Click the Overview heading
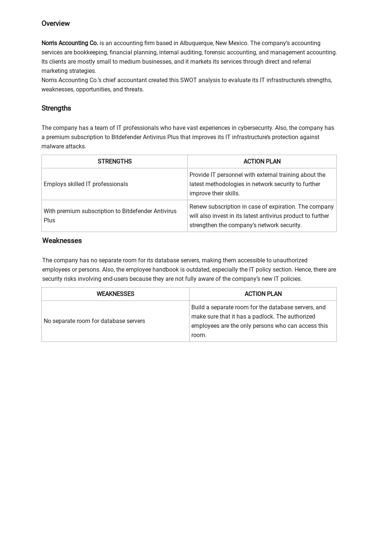(x=56, y=24)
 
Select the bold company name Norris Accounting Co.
(x=70, y=43)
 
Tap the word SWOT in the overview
(x=188, y=80)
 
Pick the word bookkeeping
(x=90, y=53)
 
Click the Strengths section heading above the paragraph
(x=56, y=108)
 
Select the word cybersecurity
(x=255, y=128)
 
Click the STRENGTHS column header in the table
(x=115, y=162)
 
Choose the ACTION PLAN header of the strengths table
(x=262, y=162)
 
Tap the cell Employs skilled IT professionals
(x=86, y=184)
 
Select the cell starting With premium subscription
(x=110, y=216)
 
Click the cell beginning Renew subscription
(x=261, y=216)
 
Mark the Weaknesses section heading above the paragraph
(x=62, y=241)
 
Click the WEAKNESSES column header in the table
(x=115, y=294)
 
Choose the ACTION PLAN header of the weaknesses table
(x=263, y=294)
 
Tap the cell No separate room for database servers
(x=94, y=321)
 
